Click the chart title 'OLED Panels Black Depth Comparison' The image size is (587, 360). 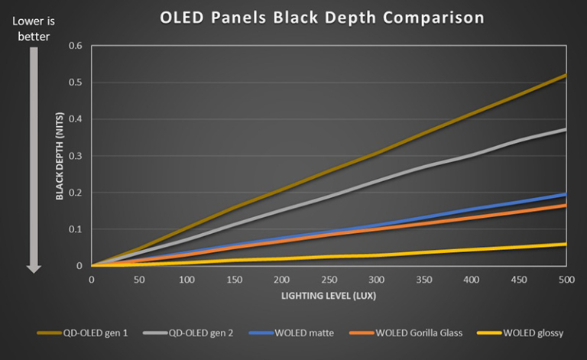(x=322, y=18)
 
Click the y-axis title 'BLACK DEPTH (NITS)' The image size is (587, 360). (x=59, y=156)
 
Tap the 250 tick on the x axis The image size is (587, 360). (x=329, y=279)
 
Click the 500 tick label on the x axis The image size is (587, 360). (x=566, y=279)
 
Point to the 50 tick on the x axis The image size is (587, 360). (x=139, y=279)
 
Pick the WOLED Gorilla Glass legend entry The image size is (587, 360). (x=406, y=333)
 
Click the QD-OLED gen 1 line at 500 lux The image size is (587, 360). (x=565, y=76)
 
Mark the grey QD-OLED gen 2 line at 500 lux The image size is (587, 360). (x=565, y=130)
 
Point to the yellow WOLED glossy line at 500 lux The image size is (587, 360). (x=565, y=245)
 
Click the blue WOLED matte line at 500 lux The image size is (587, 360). (x=565, y=195)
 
